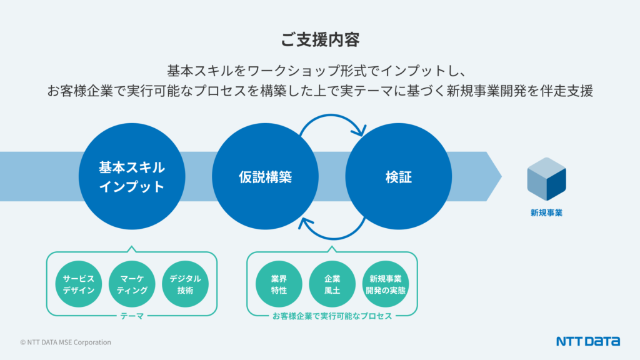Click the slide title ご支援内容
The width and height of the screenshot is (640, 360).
coord(319,40)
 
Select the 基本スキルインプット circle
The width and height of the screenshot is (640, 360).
coord(131,177)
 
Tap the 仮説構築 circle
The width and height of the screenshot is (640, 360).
coord(265,177)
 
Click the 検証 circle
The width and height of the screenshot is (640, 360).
coord(398,177)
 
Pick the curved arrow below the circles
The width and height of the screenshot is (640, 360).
coord(331,234)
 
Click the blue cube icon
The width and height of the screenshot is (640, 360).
coord(546,179)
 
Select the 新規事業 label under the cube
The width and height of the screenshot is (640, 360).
coord(546,213)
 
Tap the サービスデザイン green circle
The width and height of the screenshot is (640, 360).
coord(79,284)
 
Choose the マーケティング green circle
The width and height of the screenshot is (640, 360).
coord(132,284)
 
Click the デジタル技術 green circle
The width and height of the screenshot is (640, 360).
coord(185,284)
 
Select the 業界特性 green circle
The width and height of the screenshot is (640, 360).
coord(279,284)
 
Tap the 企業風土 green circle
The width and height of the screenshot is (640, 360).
coord(332,284)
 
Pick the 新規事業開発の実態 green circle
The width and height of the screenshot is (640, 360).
coord(385,284)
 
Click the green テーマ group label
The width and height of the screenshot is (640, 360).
coord(132,316)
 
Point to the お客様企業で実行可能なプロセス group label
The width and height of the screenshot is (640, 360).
coord(332,316)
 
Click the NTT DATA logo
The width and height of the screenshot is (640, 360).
coord(588,341)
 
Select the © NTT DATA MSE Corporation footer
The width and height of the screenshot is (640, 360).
coord(66,342)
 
